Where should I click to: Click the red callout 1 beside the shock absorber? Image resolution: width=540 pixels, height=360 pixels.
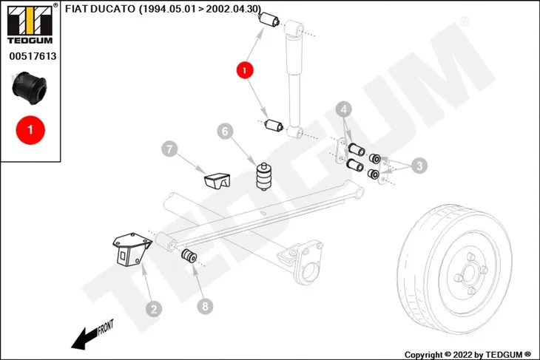245,70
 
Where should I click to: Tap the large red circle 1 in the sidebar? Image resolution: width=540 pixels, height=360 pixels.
30,130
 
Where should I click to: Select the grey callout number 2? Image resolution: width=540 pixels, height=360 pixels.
154,309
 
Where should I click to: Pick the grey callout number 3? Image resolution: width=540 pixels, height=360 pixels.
419,166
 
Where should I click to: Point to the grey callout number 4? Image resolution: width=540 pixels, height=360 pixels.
344,109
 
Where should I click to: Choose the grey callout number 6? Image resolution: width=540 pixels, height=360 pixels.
225,131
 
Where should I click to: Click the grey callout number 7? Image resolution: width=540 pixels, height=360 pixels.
169,149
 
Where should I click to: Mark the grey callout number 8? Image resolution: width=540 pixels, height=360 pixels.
205,306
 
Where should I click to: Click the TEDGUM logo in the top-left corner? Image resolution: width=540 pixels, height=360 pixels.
30,24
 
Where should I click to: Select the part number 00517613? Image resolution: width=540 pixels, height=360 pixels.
33,55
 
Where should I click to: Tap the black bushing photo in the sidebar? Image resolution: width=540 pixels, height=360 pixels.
29,88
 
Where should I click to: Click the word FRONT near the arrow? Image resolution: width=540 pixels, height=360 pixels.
106,327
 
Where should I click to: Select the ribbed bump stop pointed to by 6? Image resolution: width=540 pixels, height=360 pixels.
264,177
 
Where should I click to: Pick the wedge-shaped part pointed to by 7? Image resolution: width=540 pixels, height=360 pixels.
217,180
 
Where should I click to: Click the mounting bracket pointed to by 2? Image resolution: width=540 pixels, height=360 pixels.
132,251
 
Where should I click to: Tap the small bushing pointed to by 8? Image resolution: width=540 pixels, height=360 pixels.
189,256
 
